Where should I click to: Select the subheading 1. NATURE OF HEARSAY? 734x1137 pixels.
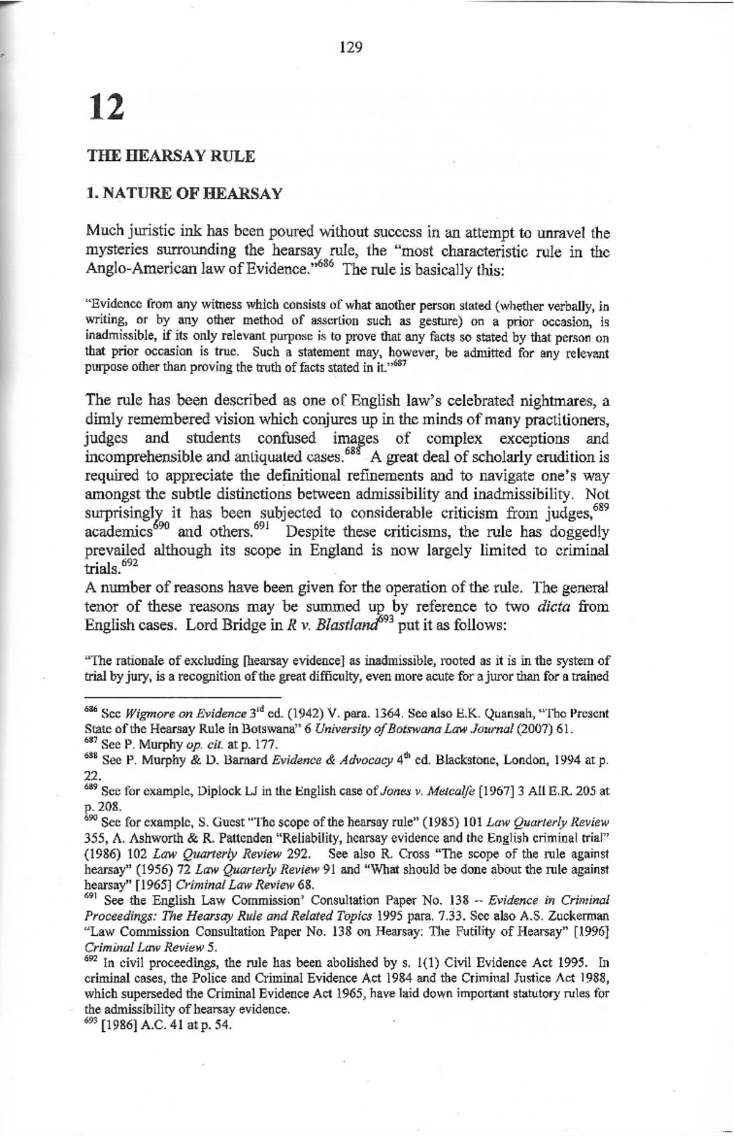click(x=184, y=194)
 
